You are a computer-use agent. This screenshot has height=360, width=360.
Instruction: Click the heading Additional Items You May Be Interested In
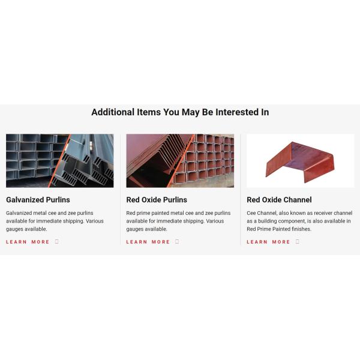point(180,112)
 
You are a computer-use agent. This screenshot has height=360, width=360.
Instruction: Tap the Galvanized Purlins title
point(38,200)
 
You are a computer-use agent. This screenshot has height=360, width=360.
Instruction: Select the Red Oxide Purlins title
point(157,200)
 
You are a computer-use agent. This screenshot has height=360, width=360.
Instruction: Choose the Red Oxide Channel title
point(279,200)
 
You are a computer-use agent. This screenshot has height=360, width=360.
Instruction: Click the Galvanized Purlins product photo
point(59,161)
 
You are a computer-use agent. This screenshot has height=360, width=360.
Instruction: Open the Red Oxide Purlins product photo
point(180,161)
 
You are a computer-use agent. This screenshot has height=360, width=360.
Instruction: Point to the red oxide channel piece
point(300,161)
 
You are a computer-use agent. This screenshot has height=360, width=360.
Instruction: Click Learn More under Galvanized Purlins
point(28,242)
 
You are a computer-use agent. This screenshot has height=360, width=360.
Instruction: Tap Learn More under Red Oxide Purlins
point(148,242)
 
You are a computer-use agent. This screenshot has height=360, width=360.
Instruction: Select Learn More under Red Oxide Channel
point(268,242)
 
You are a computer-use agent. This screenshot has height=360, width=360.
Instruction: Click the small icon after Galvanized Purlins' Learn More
point(57,242)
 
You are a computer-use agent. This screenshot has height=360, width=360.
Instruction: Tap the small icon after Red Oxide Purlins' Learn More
point(177,242)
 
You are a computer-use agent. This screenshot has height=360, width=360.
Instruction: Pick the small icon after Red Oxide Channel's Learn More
point(298,242)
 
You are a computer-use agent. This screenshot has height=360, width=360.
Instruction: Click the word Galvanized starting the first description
point(19,213)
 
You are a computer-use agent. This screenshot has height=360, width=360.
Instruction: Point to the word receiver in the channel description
point(323,213)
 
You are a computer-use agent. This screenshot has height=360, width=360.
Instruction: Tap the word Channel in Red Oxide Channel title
point(298,200)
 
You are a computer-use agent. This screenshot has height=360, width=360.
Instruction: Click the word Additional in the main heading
point(113,112)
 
